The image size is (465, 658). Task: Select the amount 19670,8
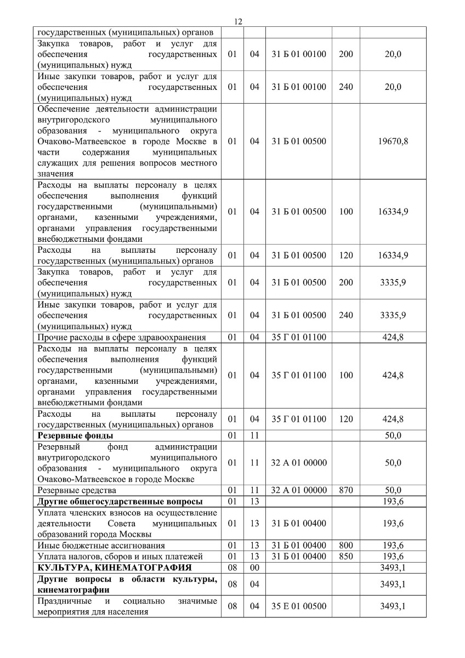393,141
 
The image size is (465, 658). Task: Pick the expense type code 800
346,545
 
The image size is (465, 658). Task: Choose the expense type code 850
346,556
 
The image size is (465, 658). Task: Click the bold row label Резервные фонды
67,436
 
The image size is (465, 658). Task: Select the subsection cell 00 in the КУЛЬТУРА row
254,567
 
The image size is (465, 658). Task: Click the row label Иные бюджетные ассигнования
101,545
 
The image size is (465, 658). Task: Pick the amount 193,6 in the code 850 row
393,556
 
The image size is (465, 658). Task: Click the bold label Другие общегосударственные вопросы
120,501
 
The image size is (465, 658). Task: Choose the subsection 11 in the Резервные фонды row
254,436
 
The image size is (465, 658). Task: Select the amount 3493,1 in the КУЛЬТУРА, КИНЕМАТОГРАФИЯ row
393,567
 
